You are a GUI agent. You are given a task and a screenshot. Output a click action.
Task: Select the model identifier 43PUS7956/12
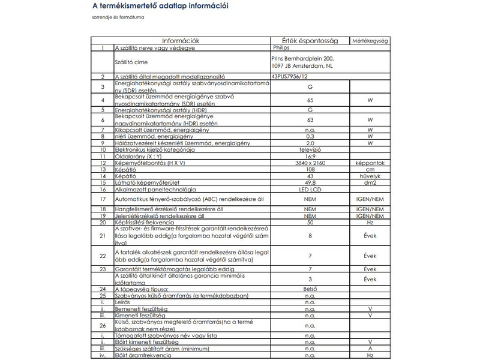(x=290, y=77)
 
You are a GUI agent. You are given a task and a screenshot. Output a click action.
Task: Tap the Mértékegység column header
(x=370, y=41)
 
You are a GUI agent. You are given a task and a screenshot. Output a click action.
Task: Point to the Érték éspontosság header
(x=310, y=41)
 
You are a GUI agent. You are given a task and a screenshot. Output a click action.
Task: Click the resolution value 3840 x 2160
(x=310, y=163)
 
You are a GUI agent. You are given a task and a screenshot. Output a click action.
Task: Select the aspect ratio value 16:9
(x=310, y=156)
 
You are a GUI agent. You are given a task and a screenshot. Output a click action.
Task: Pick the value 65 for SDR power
(x=310, y=100)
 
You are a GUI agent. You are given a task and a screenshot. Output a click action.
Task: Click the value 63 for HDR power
(x=310, y=120)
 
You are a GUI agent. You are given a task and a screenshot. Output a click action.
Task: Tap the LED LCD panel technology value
(x=310, y=189)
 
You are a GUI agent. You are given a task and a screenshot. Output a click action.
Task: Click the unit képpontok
(x=370, y=163)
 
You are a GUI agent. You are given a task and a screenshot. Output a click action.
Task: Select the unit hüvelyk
(x=370, y=176)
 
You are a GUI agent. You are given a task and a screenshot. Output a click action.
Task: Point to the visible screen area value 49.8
(x=310, y=182)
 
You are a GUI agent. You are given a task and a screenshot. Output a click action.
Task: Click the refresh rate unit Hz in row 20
(x=370, y=221)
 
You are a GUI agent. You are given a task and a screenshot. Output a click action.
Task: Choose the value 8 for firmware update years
(x=310, y=236)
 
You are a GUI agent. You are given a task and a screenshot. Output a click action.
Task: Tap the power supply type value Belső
(x=310, y=289)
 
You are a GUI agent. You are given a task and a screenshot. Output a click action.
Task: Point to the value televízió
(x=310, y=149)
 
